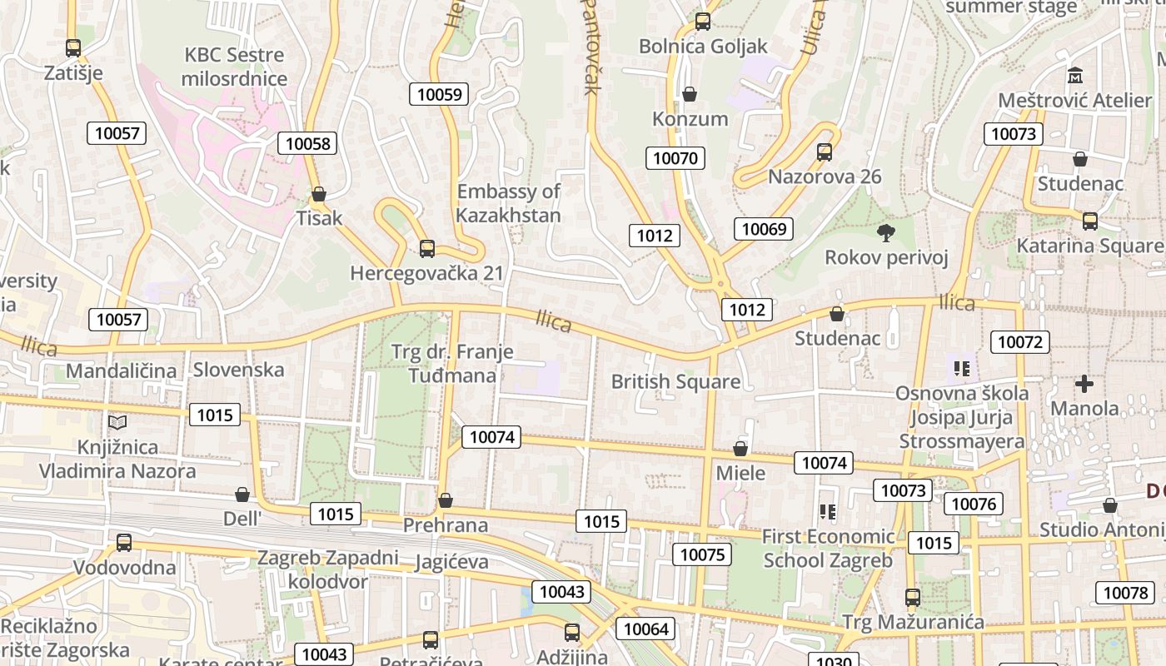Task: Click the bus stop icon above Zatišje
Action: point(73,48)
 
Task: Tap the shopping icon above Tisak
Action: point(318,195)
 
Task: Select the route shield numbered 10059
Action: point(439,94)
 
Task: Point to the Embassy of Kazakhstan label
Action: point(509,203)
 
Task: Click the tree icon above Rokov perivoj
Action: point(885,233)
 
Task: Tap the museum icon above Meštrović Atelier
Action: point(1075,76)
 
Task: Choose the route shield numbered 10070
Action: point(676,158)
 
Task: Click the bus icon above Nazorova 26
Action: point(825,152)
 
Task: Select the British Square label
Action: point(675,382)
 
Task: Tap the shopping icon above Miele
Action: point(740,450)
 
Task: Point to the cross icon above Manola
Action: point(1084,384)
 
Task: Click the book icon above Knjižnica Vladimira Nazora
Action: point(117,423)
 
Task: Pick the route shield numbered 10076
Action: point(973,504)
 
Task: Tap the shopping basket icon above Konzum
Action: point(690,94)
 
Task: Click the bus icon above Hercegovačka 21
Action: point(427,248)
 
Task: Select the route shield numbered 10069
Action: point(764,229)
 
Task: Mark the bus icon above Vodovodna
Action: point(124,543)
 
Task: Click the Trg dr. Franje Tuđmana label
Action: point(452,364)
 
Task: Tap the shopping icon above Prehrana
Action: point(446,500)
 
